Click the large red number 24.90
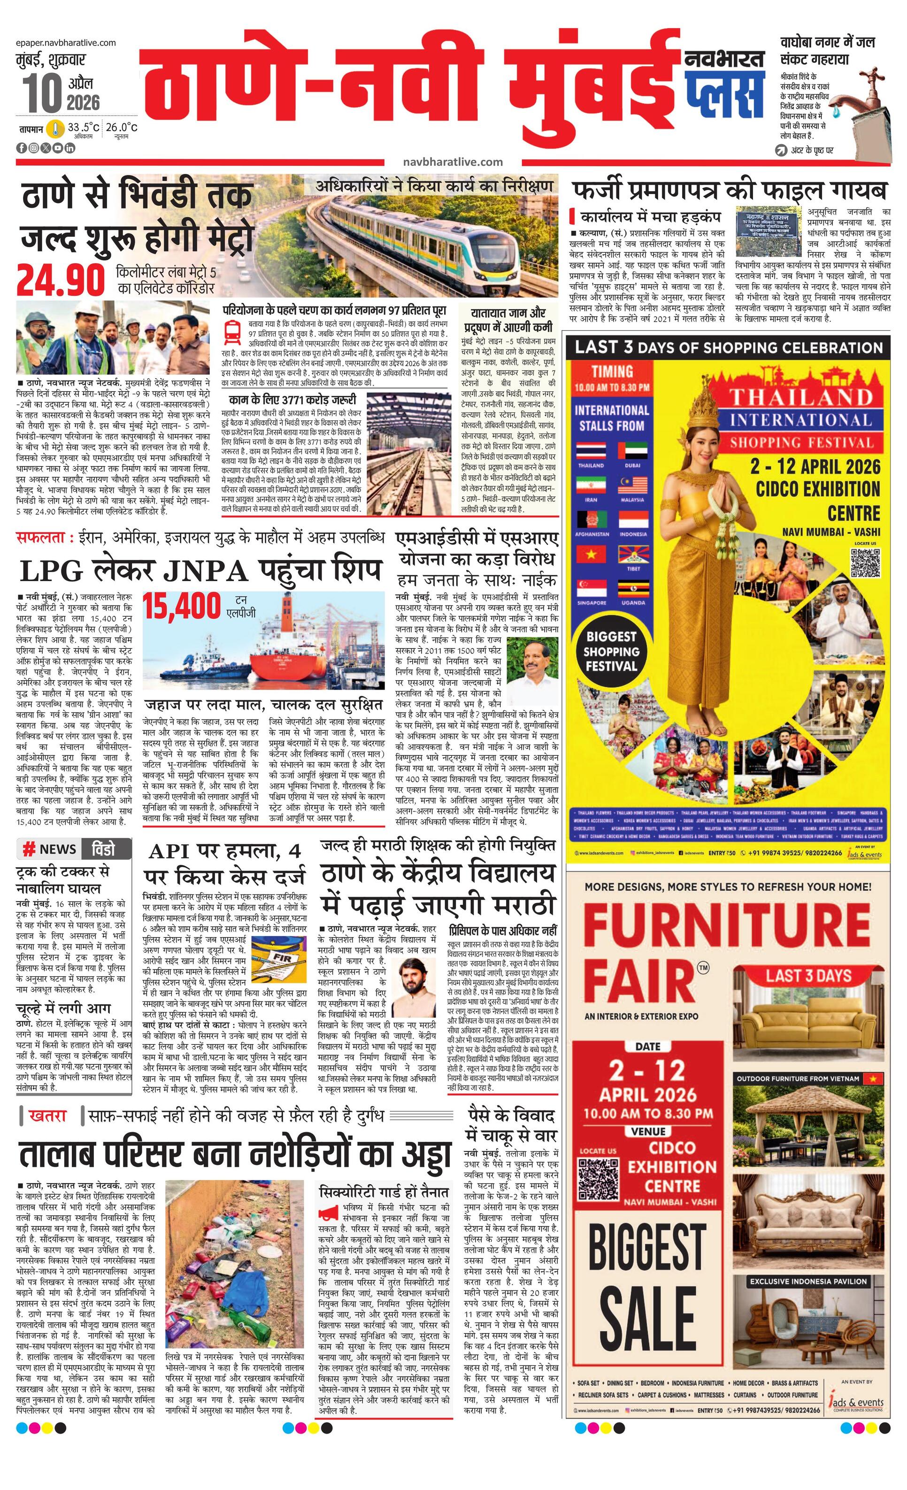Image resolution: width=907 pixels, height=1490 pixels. [61, 280]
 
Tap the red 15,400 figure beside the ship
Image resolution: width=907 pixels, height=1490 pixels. [182, 606]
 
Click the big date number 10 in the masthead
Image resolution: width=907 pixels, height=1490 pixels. [42, 93]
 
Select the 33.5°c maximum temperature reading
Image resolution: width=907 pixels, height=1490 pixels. [84, 128]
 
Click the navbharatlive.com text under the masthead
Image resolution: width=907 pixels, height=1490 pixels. [453, 162]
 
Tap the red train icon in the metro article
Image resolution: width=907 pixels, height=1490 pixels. [231, 331]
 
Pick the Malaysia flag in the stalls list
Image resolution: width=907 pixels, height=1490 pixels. [633, 486]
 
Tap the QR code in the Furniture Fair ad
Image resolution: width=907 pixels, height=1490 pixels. [598, 1177]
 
